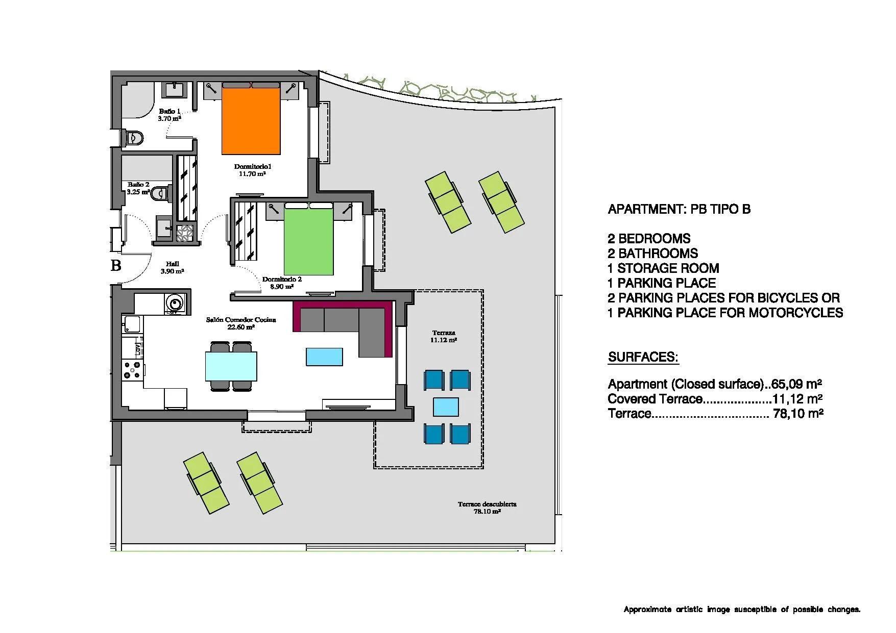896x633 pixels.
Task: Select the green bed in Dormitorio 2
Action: click(308, 240)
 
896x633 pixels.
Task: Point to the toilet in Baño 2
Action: click(159, 193)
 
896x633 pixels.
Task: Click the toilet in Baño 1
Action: click(134, 137)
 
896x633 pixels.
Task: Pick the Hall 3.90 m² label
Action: click(172, 267)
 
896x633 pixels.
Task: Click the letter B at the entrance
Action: click(116, 265)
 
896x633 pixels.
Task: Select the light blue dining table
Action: click(231, 366)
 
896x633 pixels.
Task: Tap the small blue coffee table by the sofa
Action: click(324, 357)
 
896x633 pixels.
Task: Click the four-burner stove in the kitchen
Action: click(133, 369)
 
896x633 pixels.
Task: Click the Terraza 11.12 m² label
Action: click(443, 336)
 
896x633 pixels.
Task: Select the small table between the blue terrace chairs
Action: click(446, 407)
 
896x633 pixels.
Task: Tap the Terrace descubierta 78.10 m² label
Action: click(487, 507)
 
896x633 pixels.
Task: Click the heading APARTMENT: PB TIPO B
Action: click(679, 209)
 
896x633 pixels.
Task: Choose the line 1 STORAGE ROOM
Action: click(663, 268)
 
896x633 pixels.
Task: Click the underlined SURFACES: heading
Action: click(643, 357)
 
